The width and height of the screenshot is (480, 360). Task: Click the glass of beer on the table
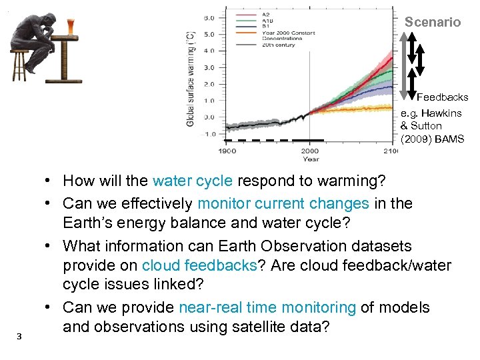coord(71,27)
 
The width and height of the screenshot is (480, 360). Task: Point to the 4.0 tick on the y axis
coord(209,51)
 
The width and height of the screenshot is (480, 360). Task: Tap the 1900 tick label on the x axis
coord(227,151)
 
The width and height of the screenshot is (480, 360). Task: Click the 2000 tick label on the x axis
coord(310,151)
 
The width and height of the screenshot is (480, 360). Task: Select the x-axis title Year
coord(310,159)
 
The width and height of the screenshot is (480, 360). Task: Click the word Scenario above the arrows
coord(433,22)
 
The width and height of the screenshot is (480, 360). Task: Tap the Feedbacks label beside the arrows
coord(442,97)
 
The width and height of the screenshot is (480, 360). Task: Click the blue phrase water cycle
coord(192,181)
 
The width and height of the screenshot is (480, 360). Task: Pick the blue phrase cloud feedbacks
coord(199,265)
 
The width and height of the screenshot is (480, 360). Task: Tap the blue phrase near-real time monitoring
coord(267,307)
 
